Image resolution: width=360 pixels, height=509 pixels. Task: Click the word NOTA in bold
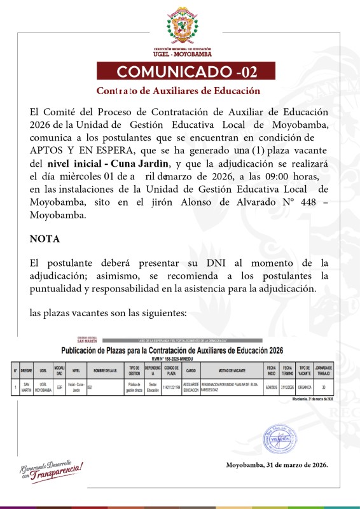[x=45, y=239]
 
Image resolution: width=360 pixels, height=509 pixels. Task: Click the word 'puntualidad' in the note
[x=59, y=289]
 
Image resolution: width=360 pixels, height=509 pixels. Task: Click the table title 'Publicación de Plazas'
[x=172, y=351]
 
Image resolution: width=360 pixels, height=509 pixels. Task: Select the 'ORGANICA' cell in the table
[x=305, y=386]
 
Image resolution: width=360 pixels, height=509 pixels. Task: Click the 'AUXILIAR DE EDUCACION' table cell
[x=191, y=386]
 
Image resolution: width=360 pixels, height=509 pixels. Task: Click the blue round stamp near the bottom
[x=280, y=438]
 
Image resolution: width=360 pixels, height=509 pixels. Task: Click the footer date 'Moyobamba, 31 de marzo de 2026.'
[x=277, y=465]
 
